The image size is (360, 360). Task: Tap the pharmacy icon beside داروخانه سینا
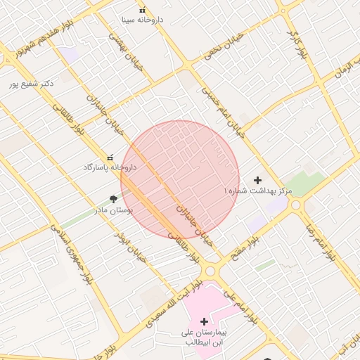[x=143, y=10]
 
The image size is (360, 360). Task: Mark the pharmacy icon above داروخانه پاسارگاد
[x=110, y=157]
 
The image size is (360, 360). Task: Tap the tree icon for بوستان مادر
[x=114, y=200]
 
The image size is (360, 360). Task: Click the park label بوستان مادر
[x=114, y=210]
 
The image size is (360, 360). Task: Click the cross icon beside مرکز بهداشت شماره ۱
[x=257, y=181]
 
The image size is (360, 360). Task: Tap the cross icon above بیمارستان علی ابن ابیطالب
[x=205, y=321]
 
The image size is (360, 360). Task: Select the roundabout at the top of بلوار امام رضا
[x=296, y=205]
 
